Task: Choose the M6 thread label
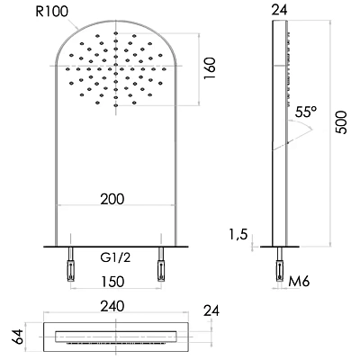pos(300,279)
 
